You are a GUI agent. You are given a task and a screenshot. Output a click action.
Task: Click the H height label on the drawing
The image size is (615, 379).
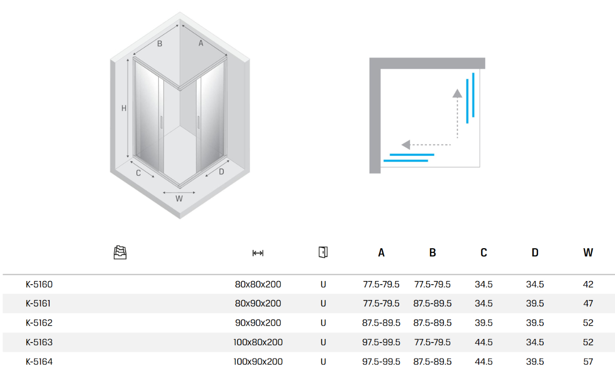(x=124, y=108)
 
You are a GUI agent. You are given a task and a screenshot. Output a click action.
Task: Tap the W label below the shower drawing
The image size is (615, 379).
(x=179, y=198)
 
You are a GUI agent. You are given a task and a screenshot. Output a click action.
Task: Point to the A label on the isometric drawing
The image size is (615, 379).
(x=201, y=44)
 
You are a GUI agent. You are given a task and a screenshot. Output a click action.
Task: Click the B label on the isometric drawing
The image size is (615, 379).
(x=159, y=44)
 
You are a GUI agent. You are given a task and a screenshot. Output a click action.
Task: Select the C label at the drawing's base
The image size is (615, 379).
(x=138, y=173)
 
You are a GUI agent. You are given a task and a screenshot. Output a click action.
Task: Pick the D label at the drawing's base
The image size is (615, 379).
(x=221, y=172)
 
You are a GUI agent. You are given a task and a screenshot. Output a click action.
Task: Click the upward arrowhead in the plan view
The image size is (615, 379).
(x=457, y=93)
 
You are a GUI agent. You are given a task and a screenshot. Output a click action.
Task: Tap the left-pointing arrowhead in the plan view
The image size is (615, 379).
(x=406, y=145)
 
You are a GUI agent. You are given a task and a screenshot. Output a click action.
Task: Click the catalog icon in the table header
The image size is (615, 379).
(x=120, y=252)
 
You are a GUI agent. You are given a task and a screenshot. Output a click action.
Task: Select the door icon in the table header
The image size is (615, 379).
(x=323, y=252)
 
